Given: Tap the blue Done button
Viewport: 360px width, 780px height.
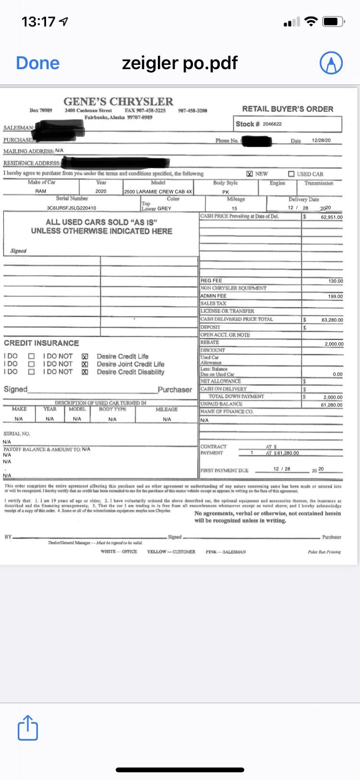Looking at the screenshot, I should tap(37, 63).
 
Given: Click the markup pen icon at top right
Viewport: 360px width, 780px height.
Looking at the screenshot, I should tap(331, 63).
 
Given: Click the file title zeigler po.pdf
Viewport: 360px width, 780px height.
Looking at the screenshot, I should tap(180, 63).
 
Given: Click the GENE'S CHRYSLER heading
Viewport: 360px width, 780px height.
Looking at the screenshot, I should tap(118, 101).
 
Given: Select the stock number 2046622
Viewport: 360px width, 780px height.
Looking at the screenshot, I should tap(272, 124).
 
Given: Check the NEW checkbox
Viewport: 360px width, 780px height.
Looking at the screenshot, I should tap(250, 174).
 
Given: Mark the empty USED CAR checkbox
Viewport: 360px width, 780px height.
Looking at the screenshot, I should tap(291, 174).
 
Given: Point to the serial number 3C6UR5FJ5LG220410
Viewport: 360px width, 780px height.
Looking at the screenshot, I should tap(72, 208).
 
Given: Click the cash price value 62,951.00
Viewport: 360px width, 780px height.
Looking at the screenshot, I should tap(332, 217).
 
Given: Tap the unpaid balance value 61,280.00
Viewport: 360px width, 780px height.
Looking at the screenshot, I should tap(332, 405).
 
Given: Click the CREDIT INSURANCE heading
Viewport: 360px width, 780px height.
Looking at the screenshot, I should tap(41, 343).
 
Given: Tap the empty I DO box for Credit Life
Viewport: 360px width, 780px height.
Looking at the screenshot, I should tap(31, 356).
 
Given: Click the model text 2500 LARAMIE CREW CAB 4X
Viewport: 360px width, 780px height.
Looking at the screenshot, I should tap(158, 191).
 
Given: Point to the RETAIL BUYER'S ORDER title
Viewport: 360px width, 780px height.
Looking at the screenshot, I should tap(288, 109).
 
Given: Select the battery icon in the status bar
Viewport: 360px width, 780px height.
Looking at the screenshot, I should tap(334, 22).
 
